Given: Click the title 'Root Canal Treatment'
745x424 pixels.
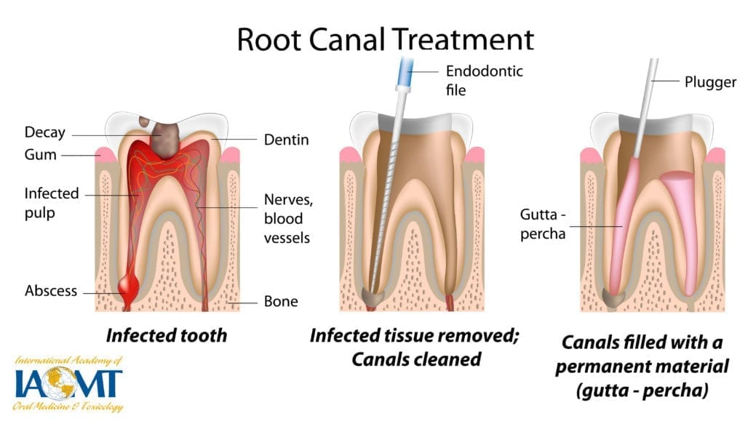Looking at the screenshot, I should click(385, 38).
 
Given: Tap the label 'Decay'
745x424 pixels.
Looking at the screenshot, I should click(44, 132).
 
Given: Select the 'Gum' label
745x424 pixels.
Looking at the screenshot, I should click(39, 155).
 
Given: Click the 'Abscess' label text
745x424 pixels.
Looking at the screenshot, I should click(50, 291).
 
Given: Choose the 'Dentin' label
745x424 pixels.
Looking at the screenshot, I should click(286, 140).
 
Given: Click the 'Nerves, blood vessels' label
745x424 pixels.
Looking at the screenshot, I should click(285, 219).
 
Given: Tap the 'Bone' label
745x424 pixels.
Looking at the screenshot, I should click(281, 301).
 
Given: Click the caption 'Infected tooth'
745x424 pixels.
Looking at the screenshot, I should click(167, 335).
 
